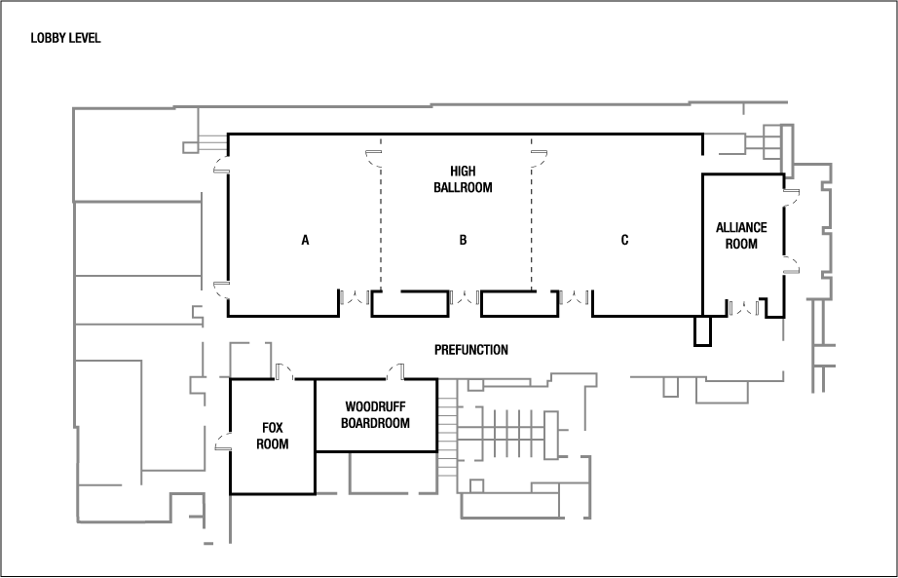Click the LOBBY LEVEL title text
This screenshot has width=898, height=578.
point(66,39)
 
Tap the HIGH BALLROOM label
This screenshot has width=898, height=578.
point(463,178)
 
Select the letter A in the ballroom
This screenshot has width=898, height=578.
point(305,240)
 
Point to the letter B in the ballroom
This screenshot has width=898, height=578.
point(463,240)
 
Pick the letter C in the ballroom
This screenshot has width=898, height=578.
point(624,240)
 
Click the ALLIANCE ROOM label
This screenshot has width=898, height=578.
point(741,236)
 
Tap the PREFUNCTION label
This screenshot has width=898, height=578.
point(470,350)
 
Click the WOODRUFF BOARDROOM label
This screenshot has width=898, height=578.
point(375,415)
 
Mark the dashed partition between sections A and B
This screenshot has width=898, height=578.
point(381,224)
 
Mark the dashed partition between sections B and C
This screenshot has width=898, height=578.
point(532,224)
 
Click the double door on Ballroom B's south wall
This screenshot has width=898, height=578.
point(467,296)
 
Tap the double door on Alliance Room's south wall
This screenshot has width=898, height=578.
point(745,308)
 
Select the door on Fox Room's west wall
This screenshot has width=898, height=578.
point(223,444)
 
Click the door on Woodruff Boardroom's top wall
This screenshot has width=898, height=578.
point(395,371)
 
